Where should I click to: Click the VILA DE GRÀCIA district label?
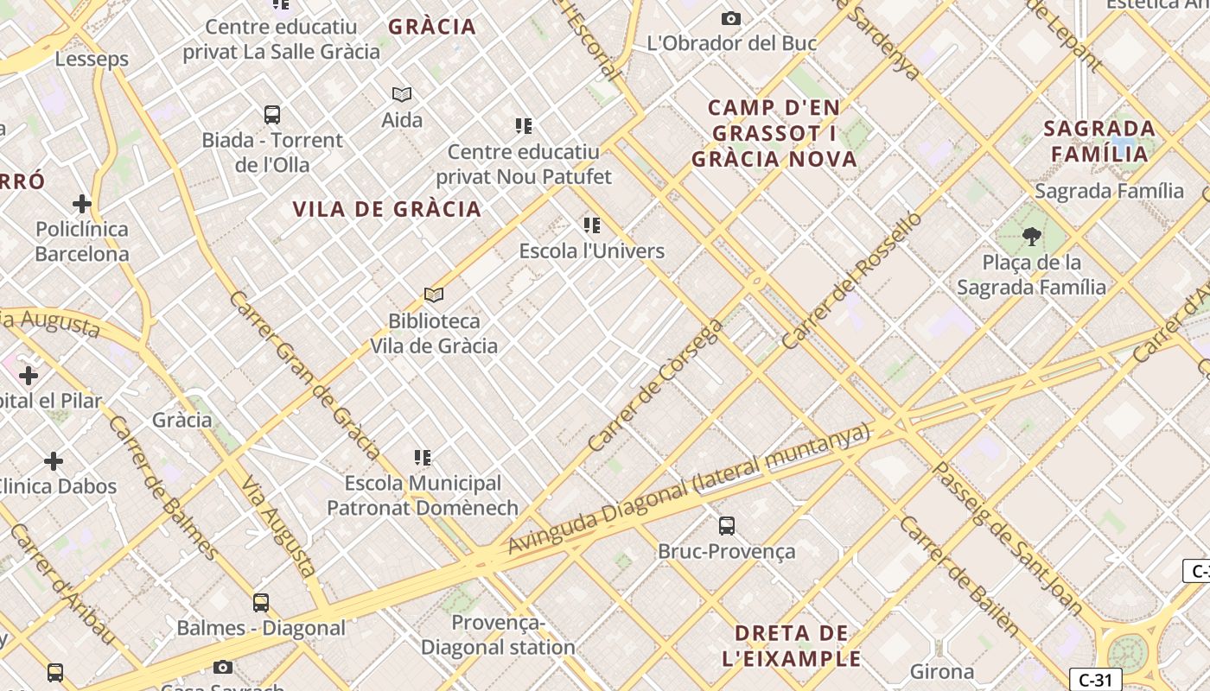pyautogui.click(x=386, y=209)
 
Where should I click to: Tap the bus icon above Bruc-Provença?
pyautogui.click(x=727, y=525)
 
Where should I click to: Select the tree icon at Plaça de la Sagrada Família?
pyautogui.click(x=1031, y=236)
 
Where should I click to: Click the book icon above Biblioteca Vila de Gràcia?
pyautogui.click(x=434, y=295)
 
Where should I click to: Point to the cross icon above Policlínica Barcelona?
pyautogui.click(x=82, y=204)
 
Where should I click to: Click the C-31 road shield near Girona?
pyautogui.click(x=1095, y=680)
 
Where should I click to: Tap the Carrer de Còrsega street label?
pyautogui.click(x=654, y=385)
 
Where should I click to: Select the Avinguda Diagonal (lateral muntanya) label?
pyautogui.click(x=688, y=489)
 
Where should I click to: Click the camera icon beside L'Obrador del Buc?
pyautogui.click(x=731, y=18)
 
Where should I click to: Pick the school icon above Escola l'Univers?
pyautogui.click(x=592, y=225)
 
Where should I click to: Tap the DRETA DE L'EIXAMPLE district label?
pyautogui.click(x=792, y=646)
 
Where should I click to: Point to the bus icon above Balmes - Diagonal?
pyautogui.click(x=261, y=602)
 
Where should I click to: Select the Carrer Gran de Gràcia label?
pyautogui.click(x=304, y=374)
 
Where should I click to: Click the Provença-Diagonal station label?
pyautogui.click(x=498, y=634)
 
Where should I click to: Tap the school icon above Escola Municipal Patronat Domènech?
pyautogui.click(x=423, y=457)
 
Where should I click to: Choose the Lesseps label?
pyautogui.click(x=92, y=59)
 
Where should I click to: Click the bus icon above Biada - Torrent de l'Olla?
pyautogui.click(x=272, y=114)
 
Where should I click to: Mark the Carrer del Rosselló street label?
pyautogui.click(x=851, y=281)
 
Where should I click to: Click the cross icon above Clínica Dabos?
pyautogui.click(x=54, y=461)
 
